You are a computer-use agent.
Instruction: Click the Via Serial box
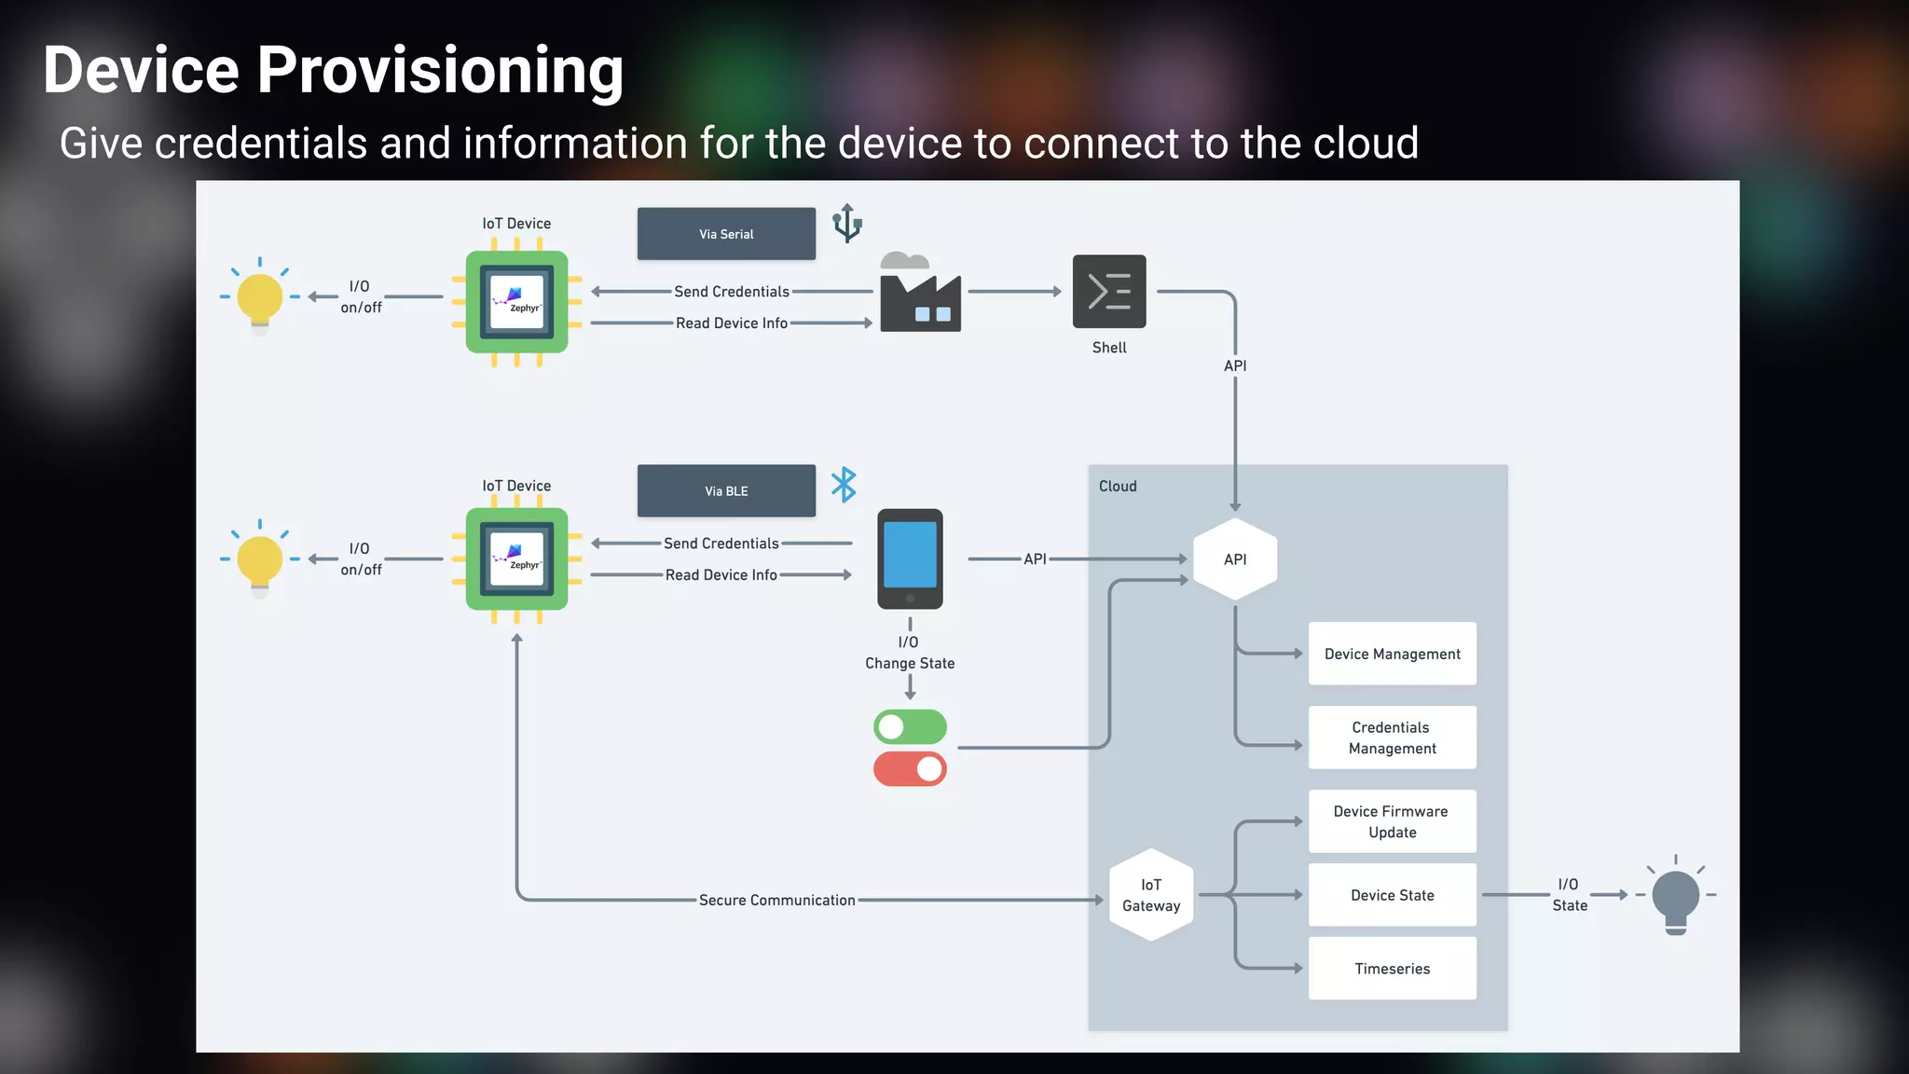[x=726, y=234]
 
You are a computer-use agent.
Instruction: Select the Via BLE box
[x=726, y=491]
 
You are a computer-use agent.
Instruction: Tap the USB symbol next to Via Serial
[x=847, y=224]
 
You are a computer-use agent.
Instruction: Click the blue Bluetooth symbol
[x=844, y=485]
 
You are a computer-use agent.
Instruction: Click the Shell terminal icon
[x=1109, y=292]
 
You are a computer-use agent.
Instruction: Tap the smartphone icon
[x=910, y=558]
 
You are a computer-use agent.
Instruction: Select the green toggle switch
[x=910, y=726]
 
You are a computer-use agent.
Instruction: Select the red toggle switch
[x=910, y=769]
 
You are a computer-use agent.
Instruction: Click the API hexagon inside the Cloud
[x=1235, y=559]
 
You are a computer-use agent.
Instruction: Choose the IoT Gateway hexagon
[x=1151, y=895]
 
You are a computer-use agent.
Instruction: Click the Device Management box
[x=1392, y=654]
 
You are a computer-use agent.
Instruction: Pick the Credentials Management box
[x=1392, y=737]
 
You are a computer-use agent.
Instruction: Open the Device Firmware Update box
[x=1392, y=821]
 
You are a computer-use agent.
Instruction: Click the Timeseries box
[x=1392, y=969]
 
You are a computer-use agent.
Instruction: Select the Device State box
[x=1392, y=895]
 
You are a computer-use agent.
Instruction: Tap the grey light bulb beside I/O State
[x=1675, y=897]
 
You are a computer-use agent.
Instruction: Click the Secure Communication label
[x=776, y=901]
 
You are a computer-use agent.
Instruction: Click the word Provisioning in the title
[x=440, y=71]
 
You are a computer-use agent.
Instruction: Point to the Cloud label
[x=1118, y=487]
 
